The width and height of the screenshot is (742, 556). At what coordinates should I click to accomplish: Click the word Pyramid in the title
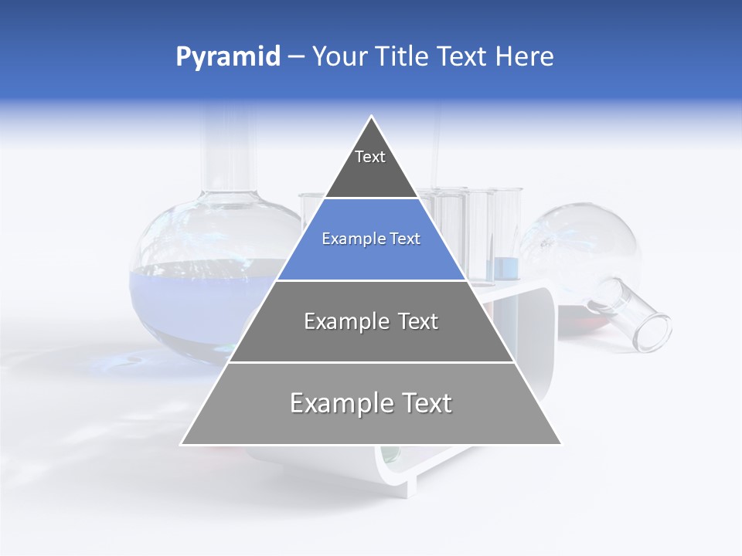click(227, 57)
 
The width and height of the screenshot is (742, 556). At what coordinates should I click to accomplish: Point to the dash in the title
click(296, 57)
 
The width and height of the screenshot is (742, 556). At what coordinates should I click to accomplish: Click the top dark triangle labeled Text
click(370, 166)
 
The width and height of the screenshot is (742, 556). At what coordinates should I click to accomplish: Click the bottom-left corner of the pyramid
click(182, 444)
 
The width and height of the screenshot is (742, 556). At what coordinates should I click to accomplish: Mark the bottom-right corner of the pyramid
click(560, 444)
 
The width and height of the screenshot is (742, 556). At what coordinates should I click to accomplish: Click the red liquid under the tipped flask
click(576, 317)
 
